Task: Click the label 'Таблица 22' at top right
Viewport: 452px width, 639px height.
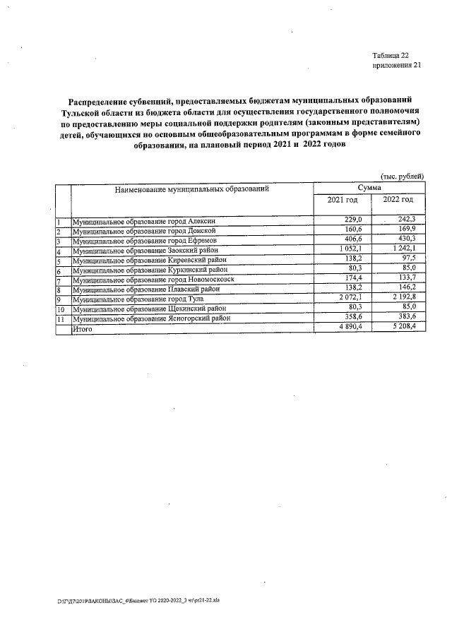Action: pyautogui.click(x=390, y=55)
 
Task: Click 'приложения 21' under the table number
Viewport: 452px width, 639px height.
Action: pyautogui.click(x=395, y=65)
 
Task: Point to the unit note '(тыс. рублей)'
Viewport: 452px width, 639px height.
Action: pyautogui.click(x=402, y=177)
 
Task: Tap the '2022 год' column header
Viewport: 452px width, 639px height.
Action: pyautogui.click(x=398, y=201)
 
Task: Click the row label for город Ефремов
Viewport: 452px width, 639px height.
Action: pyautogui.click(x=145, y=241)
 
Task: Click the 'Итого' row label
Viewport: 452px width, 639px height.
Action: pyautogui.click(x=83, y=329)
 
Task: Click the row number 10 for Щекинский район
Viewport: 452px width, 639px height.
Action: pyautogui.click(x=61, y=309)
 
